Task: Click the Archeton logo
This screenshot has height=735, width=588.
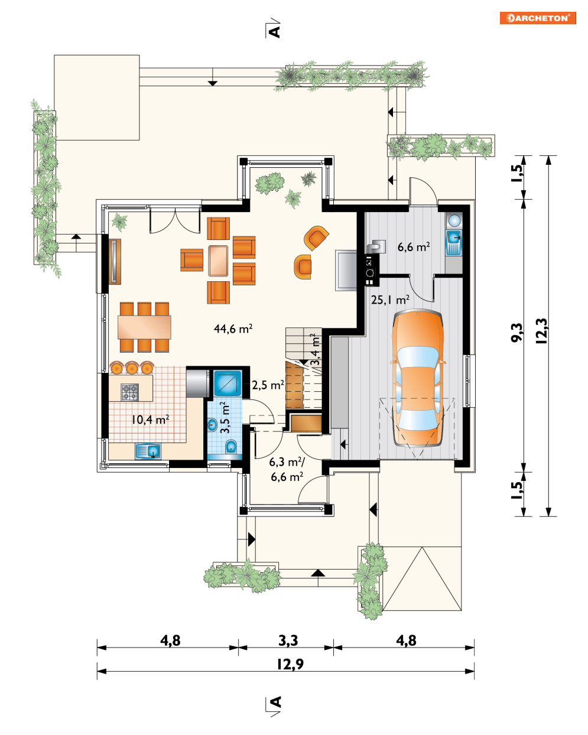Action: click(537, 18)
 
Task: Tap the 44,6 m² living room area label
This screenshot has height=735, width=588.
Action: click(233, 329)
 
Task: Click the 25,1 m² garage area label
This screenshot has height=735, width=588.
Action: click(390, 300)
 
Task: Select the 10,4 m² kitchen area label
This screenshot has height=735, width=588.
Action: click(150, 419)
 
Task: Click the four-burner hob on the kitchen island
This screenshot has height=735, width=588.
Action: click(130, 392)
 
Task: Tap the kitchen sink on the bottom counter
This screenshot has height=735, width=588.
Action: click(148, 451)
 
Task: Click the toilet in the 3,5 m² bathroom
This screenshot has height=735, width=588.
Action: click(231, 446)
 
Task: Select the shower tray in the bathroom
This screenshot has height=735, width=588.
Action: click(228, 383)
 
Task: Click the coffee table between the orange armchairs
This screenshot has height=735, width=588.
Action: click(218, 261)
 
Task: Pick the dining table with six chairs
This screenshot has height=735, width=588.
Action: click(144, 327)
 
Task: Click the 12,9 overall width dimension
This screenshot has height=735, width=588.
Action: click(290, 664)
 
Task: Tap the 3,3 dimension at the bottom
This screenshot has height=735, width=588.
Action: click(288, 640)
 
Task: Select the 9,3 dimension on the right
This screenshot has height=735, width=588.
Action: click(517, 332)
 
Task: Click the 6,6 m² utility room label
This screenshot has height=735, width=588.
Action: click(414, 246)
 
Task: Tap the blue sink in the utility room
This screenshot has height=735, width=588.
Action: click(454, 243)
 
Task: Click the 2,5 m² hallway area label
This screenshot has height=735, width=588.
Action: click(268, 385)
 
